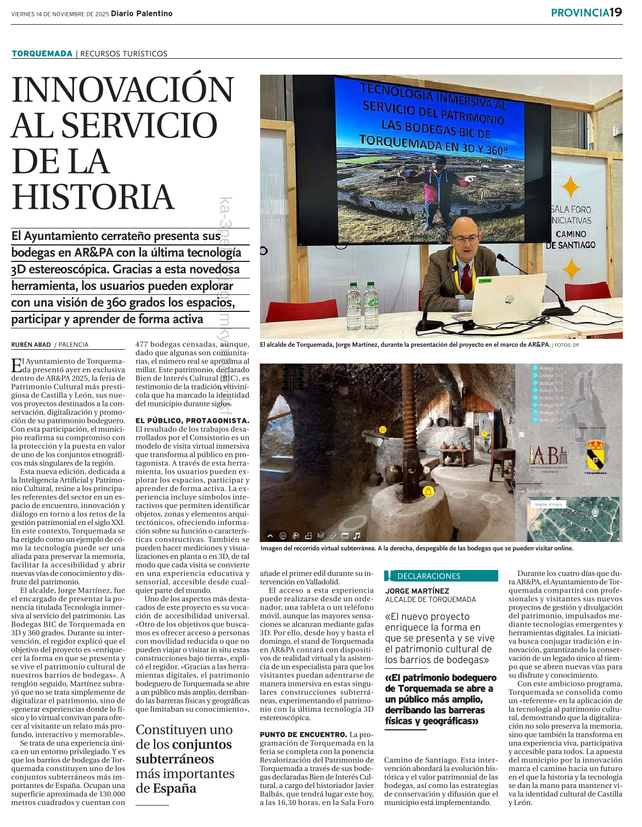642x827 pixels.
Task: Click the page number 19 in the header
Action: point(616,12)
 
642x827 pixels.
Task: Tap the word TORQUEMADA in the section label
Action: point(42,53)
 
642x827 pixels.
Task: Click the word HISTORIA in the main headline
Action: point(93,198)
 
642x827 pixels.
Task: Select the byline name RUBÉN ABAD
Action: point(31,345)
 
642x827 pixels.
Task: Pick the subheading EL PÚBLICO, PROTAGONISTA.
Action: point(192,421)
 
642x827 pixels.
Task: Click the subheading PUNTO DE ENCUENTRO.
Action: point(303,734)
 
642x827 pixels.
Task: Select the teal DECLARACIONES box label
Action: point(429,576)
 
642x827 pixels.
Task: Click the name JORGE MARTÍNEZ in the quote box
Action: point(417,591)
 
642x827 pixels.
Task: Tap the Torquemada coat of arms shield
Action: point(595,455)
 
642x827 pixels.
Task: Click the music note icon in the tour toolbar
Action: point(357,535)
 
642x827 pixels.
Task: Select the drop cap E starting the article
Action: point(17,365)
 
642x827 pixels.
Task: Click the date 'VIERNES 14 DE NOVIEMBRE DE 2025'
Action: point(60,14)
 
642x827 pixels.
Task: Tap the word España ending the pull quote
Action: point(174,789)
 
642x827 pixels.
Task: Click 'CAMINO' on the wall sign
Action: point(571,234)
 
